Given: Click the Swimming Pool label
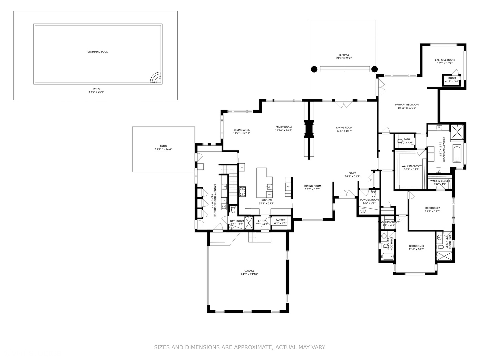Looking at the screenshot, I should pyautogui.click(x=97, y=52).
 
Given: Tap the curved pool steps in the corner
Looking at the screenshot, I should pyautogui.click(x=156, y=78).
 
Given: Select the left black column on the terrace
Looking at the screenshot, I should pyautogui.click(x=314, y=69).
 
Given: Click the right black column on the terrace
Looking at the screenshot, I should pyautogui.click(x=374, y=69).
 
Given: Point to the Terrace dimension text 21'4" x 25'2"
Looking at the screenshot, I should pyautogui.click(x=344, y=58).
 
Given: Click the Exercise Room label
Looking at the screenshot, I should pyautogui.click(x=445, y=60).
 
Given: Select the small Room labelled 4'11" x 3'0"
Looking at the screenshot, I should pyautogui.click(x=452, y=80).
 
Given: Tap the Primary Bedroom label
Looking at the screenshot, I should pyautogui.click(x=407, y=105).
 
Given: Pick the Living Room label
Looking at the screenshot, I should pyautogui.click(x=344, y=128).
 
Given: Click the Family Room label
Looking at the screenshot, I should pyautogui.click(x=283, y=127).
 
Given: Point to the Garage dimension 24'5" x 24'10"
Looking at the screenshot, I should pyautogui.click(x=249, y=274).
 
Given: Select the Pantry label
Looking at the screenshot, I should pyautogui.click(x=280, y=220).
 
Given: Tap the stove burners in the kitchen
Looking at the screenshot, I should pyautogui.click(x=242, y=191).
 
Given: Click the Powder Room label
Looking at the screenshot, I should pyautogui.click(x=369, y=200).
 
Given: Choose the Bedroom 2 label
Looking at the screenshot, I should pyautogui.click(x=432, y=208).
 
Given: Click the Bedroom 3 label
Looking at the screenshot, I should pyautogui.click(x=416, y=246).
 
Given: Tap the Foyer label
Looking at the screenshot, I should pyautogui.click(x=352, y=173).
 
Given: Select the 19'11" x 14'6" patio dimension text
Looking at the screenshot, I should pyautogui.click(x=163, y=150).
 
